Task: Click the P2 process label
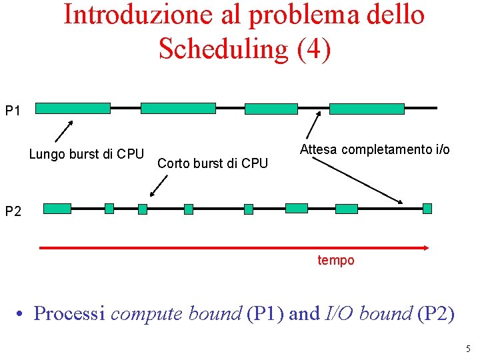[14, 212]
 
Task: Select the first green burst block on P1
[73, 108]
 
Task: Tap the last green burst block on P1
[367, 109]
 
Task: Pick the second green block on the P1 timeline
[178, 108]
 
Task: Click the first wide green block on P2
[57, 209]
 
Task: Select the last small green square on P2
[427, 208]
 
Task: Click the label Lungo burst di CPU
[87, 155]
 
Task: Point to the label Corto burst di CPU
[213, 163]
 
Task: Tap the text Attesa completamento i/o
[375, 149]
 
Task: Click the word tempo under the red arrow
[336, 261]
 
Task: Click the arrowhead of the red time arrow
[425, 247]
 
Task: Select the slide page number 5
[468, 349]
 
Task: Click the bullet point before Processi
[22, 313]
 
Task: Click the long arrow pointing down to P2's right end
[359, 180]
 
